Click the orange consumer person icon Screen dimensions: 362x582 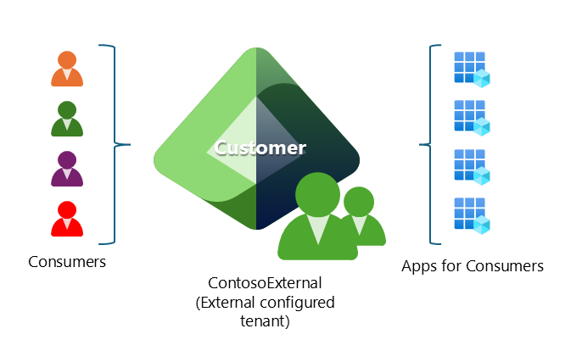(67, 70)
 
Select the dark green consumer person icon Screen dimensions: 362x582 (67, 119)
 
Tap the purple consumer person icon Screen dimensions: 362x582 (67, 169)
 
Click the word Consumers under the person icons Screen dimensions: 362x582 (67, 261)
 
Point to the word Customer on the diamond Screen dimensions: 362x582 (260, 148)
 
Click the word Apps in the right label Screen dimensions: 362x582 (419, 267)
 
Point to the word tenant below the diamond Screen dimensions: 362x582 (266, 320)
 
